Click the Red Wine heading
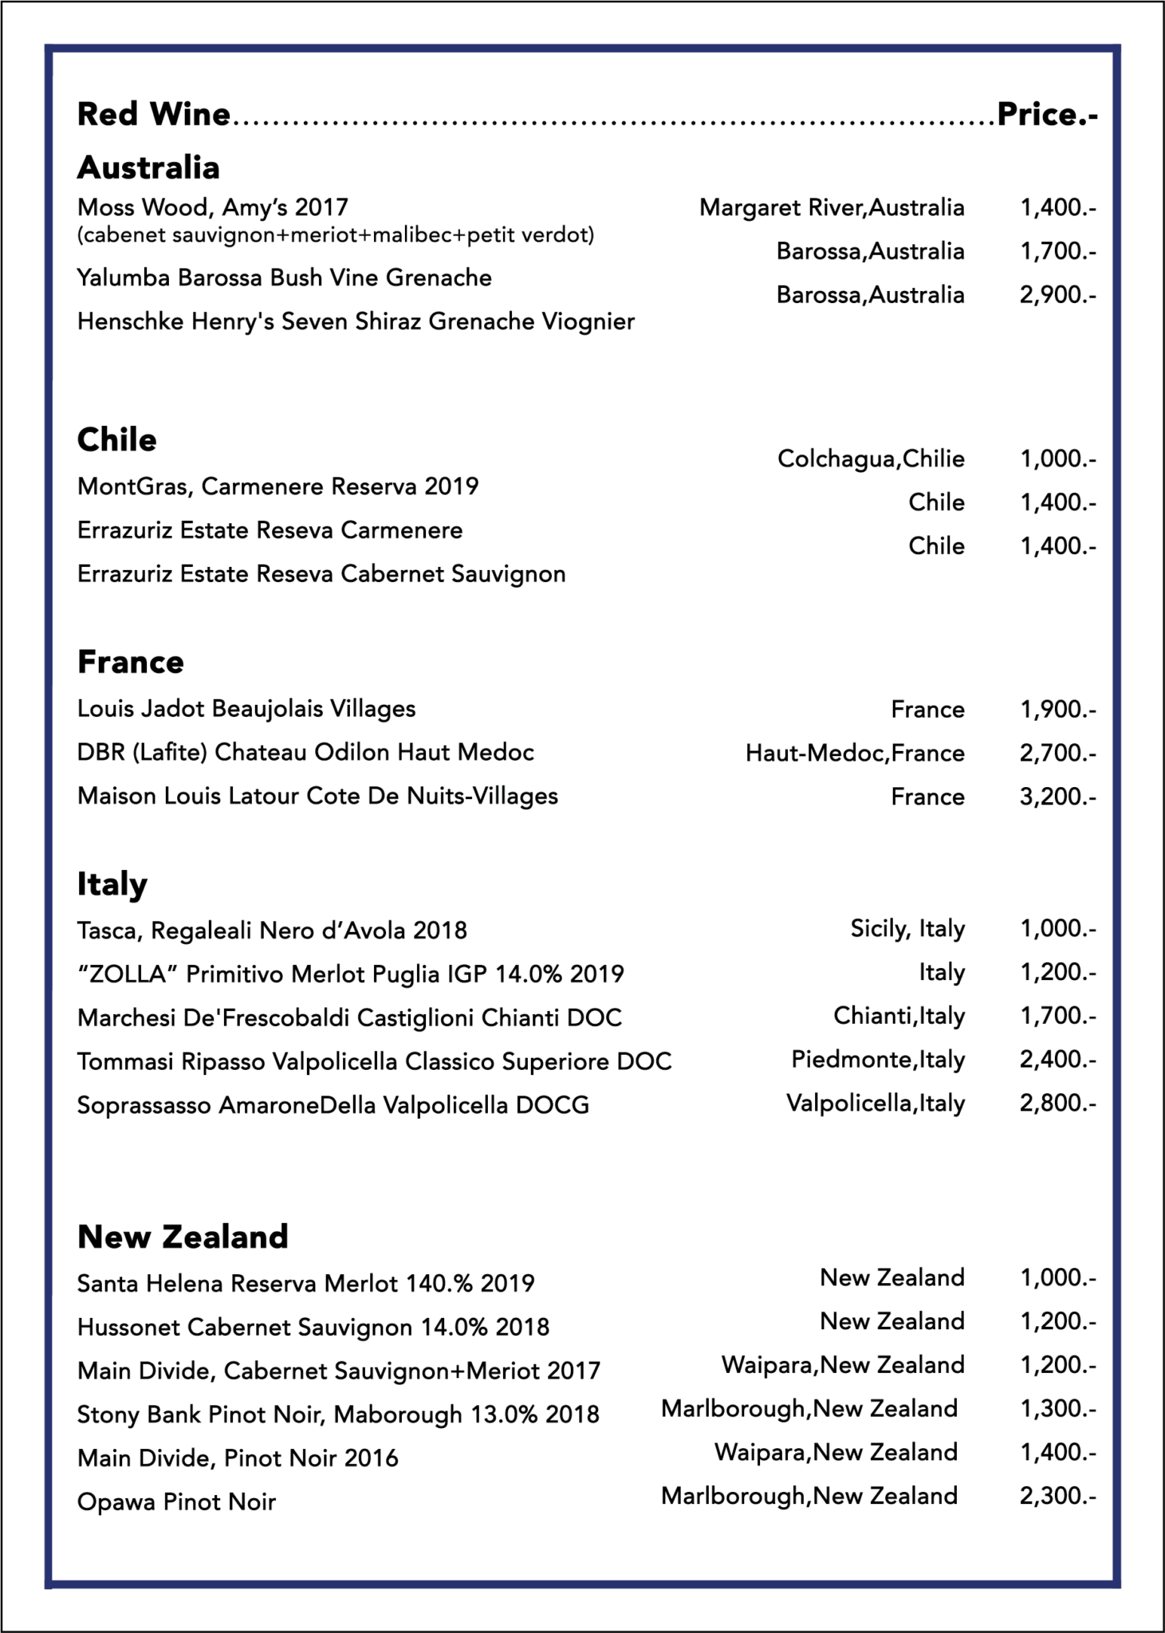[153, 115]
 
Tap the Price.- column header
[1047, 115]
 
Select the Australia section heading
[148, 167]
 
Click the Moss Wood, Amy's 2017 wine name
[213, 207]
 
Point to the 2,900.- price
[1057, 295]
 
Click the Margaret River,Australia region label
[832, 208]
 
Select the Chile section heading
[116, 439]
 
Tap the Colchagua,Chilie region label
[871, 458]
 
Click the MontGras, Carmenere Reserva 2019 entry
[277, 486]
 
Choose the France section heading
[130, 662]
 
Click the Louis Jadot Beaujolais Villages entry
[246, 709]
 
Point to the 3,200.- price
[1057, 797]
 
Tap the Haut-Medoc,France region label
[855, 753]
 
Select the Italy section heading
[112, 883]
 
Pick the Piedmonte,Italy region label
[878, 1060]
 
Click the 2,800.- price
[1057, 1104]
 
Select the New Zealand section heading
[183, 1236]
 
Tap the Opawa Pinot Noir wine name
[176, 1502]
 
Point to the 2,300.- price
[1057, 1496]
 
